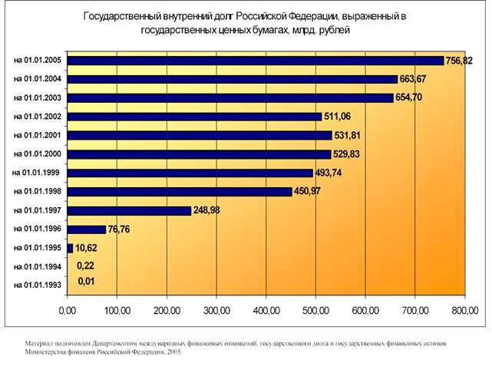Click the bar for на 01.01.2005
pos(256,61)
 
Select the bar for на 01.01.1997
pos(129,210)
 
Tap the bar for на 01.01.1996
pos(86,229)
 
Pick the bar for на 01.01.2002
pos(194,117)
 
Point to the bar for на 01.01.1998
pos(180,192)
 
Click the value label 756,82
pos(461,61)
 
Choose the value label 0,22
pos(84,266)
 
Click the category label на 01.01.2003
pos(38,97)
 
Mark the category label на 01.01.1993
pos(38,285)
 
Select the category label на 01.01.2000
pos(38,153)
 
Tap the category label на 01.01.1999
pos(38,173)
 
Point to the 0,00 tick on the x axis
pos(68,311)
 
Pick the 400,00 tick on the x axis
pos(266,311)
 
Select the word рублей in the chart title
pos(334,31)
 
